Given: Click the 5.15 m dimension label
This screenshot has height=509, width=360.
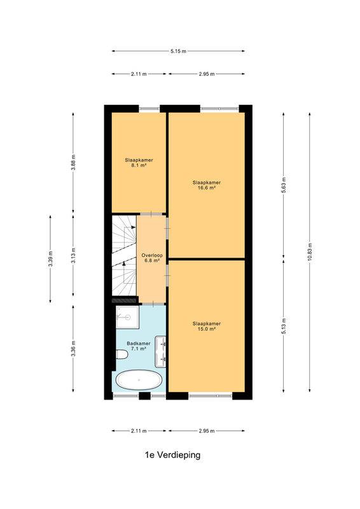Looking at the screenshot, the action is click(x=178, y=51).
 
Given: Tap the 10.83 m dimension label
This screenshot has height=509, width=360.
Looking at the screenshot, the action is click(x=310, y=251).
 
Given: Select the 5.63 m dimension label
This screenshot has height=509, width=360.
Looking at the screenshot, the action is click(x=284, y=185).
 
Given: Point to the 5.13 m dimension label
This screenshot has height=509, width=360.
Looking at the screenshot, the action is click(x=284, y=326).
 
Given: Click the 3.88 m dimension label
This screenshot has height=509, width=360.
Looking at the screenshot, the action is click(x=73, y=162).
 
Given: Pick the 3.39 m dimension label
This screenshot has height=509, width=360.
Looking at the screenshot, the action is click(x=50, y=259).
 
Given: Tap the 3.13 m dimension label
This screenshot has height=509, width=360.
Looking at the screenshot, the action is click(x=73, y=256).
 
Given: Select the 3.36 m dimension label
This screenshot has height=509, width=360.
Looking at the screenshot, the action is click(x=73, y=348).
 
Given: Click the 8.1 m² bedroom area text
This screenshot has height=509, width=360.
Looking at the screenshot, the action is click(x=139, y=165).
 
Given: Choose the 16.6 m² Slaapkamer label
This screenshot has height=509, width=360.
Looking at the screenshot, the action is click(x=207, y=185).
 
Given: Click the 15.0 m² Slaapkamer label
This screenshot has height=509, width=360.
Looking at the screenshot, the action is click(x=207, y=326).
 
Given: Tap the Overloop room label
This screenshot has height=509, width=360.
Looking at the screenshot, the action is click(x=152, y=255).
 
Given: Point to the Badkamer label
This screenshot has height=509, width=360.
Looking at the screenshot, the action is click(x=139, y=343).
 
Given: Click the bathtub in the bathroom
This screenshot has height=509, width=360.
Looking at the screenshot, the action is click(x=139, y=380).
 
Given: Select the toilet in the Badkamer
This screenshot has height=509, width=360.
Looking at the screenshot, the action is click(x=121, y=354).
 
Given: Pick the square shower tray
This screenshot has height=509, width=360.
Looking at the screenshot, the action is click(x=127, y=317).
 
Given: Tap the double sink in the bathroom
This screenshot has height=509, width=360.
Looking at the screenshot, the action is click(x=160, y=352).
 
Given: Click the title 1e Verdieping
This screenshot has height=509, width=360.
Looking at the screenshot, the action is click(x=172, y=455).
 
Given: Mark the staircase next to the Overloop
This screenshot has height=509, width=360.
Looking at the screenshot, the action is click(x=124, y=256).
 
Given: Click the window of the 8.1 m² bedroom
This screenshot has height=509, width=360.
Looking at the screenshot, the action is click(x=149, y=108).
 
